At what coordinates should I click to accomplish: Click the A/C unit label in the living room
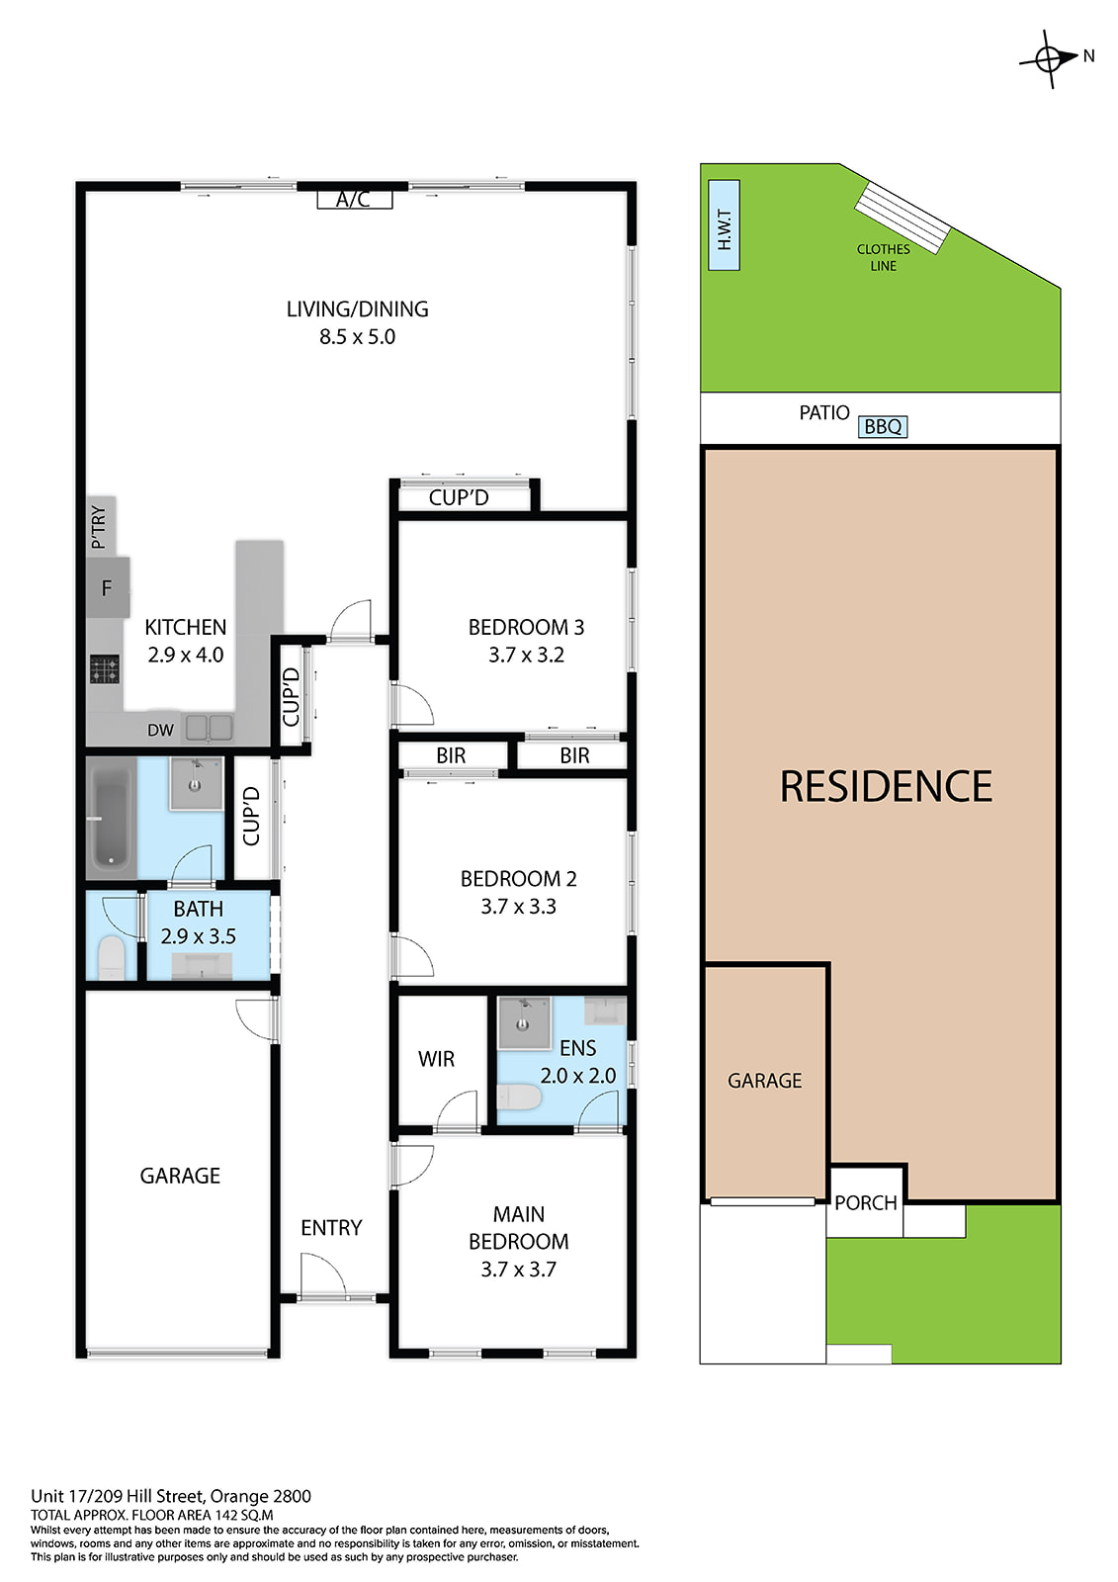[354, 199]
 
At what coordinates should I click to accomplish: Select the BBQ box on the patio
[882, 426]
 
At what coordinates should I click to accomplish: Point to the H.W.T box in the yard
[724, 224]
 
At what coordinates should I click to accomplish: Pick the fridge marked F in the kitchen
[108, 587]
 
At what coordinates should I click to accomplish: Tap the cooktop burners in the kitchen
[105, 668]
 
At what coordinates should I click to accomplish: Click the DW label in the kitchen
[160, 731]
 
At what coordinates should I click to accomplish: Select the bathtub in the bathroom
[111, 818]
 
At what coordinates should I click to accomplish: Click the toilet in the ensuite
[519, 1097]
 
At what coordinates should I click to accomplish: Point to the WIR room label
[436, 1059]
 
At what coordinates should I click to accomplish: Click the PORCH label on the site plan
[865, 1202]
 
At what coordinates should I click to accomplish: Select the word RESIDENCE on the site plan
[886, 787]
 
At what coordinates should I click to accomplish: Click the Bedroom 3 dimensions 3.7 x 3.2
[526, 655]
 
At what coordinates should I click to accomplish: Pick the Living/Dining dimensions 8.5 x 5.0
[358, 337]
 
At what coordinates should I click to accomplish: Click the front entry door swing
[322, 1272]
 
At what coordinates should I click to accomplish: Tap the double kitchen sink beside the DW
[209, 728]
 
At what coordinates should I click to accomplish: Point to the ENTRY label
[331, 1228]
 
